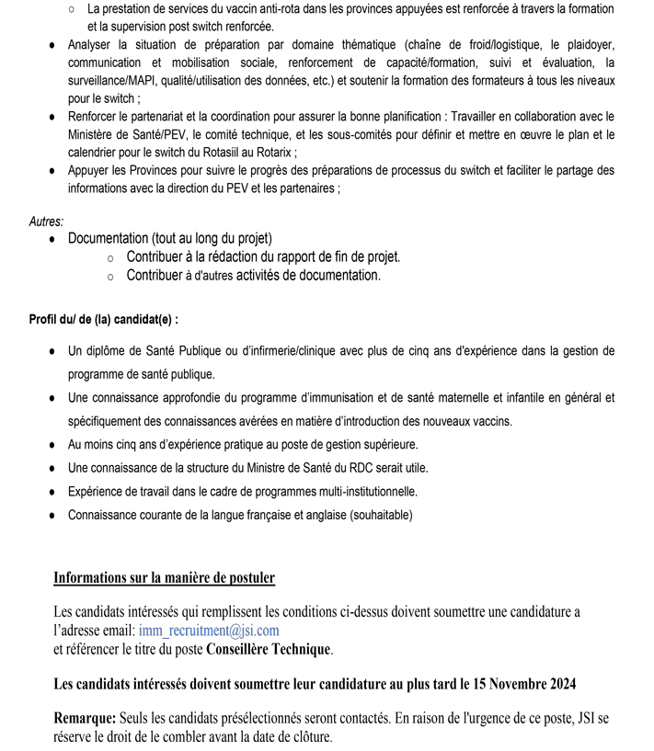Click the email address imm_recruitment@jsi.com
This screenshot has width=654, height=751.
click(x=209, y=631)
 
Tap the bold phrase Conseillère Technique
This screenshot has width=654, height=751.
click(x=267, y=649)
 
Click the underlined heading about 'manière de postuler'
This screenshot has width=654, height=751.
click(x=164, y=577)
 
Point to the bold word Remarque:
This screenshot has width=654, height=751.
click(x=85, y=717)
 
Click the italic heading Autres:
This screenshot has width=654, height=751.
click(x=47, y=222)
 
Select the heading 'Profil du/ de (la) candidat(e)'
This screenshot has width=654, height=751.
click(x=104, y=320)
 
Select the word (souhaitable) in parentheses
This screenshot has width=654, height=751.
click(x=377, y=515)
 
